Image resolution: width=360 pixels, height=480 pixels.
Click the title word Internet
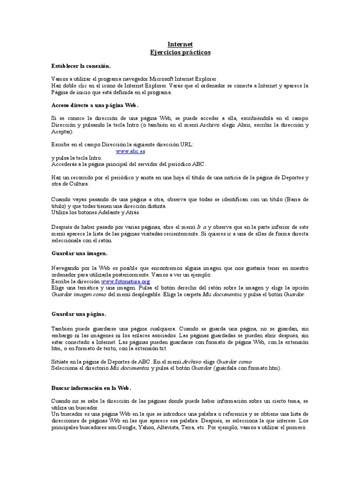pyautogui.click(x=180, y=44)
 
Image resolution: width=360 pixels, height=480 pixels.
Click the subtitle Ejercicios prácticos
pyautogui.click(x=180, y=52)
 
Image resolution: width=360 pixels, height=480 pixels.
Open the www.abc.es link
pyautogui.click(x=130, y=151)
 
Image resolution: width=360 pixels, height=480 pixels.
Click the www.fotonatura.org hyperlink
pyautogui.click(x=125, y=281)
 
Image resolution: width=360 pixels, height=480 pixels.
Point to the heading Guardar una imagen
pyautogui.click(x=79, y=254)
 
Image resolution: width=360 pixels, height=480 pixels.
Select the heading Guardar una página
pyautogui.click(x=78, y=314)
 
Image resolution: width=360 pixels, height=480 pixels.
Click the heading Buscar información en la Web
pyautogui.click(x=91, y=389)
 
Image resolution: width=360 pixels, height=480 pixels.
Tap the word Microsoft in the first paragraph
pyautogui.click(x=163, y=79)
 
